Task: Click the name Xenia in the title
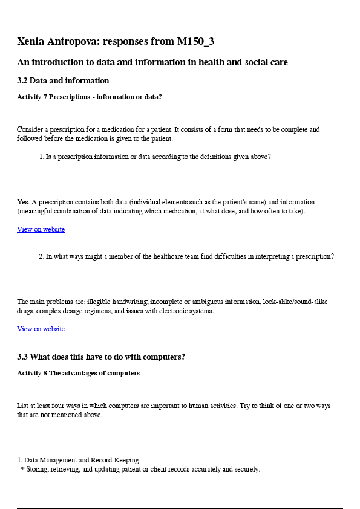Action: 31,42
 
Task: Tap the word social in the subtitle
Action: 242,62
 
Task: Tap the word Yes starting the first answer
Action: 23,202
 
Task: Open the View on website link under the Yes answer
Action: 41,230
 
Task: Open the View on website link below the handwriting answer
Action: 41,329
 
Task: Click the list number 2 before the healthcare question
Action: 41,256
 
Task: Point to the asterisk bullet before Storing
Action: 22,470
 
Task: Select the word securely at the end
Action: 247,469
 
